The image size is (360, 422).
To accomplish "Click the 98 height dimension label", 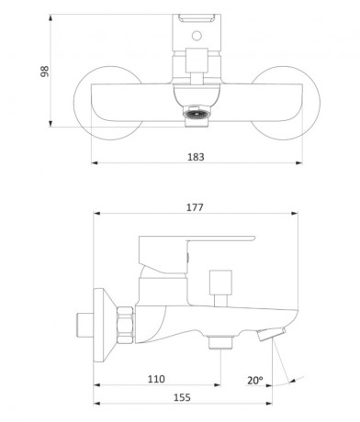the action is [45, 71].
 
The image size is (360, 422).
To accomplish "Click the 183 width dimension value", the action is [196, 157].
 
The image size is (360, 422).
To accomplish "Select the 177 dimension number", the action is [195, 207].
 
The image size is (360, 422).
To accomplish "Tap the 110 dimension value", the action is [156, 379].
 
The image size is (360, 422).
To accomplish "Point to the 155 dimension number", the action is [182, 397].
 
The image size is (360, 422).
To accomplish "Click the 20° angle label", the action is [255, 380].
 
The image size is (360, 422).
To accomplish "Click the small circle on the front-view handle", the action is [197, 36].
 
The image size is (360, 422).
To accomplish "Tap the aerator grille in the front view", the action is [197, 114].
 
